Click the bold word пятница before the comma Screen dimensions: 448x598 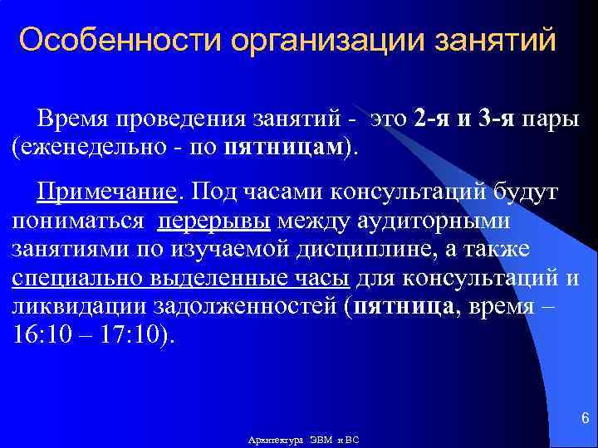pyautogui.click(x=404, y=306)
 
